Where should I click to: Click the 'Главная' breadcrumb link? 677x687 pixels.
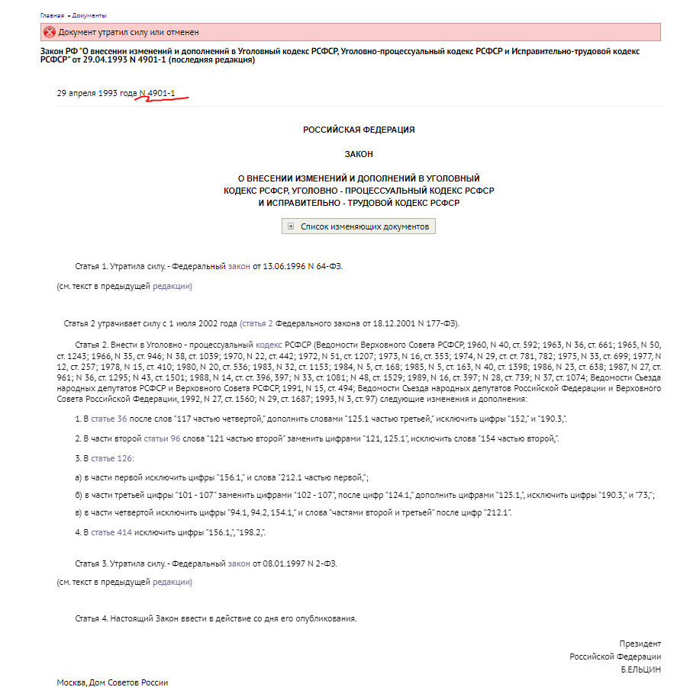point(51,15)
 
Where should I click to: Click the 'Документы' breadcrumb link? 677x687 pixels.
point(89,15)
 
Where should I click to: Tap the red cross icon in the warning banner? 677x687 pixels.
point(49,32)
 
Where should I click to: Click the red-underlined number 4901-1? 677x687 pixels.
point(162,93)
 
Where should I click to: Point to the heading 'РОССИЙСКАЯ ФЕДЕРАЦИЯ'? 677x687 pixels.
point(359,130)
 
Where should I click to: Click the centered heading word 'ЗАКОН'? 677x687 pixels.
point(359,154)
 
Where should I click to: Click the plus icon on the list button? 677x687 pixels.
point(292,226)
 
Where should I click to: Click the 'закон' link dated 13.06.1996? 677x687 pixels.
point(239,267)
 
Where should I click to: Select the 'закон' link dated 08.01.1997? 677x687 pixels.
point(239,564)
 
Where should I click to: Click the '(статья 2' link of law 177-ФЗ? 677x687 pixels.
point(256,323)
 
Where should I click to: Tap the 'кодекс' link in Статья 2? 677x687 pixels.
point(267,345)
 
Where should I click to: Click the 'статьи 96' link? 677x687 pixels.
point(162,439)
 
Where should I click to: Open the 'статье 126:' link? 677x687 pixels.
point(112,458)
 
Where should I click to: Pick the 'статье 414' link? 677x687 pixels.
point(111,532)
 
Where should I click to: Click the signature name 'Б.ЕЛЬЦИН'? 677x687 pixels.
point(640,669)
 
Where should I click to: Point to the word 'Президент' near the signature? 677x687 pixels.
point(640,644)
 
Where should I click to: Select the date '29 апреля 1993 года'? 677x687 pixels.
point(96,93)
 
